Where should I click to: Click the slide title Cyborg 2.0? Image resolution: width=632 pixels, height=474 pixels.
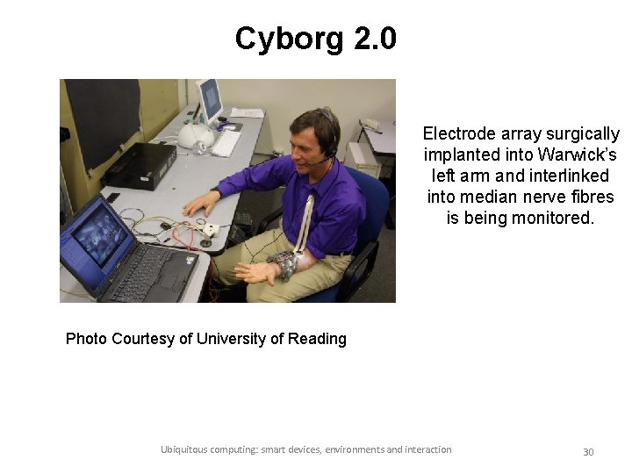(x=315, y=39)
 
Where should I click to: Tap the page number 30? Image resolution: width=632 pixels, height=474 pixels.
(x=588, y=452)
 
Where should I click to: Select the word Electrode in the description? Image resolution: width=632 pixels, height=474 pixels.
(x=458, y=133)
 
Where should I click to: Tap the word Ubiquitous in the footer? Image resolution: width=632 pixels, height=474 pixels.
(x=184, y=449)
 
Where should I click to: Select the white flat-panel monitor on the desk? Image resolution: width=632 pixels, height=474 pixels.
(x=210, y=101)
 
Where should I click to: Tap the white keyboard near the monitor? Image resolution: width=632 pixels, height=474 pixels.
(x=226, y=141)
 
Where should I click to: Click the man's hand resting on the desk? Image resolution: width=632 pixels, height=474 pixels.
(x=201, y=204)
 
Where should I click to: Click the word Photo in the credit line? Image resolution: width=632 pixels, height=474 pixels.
(x=86, y=339)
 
